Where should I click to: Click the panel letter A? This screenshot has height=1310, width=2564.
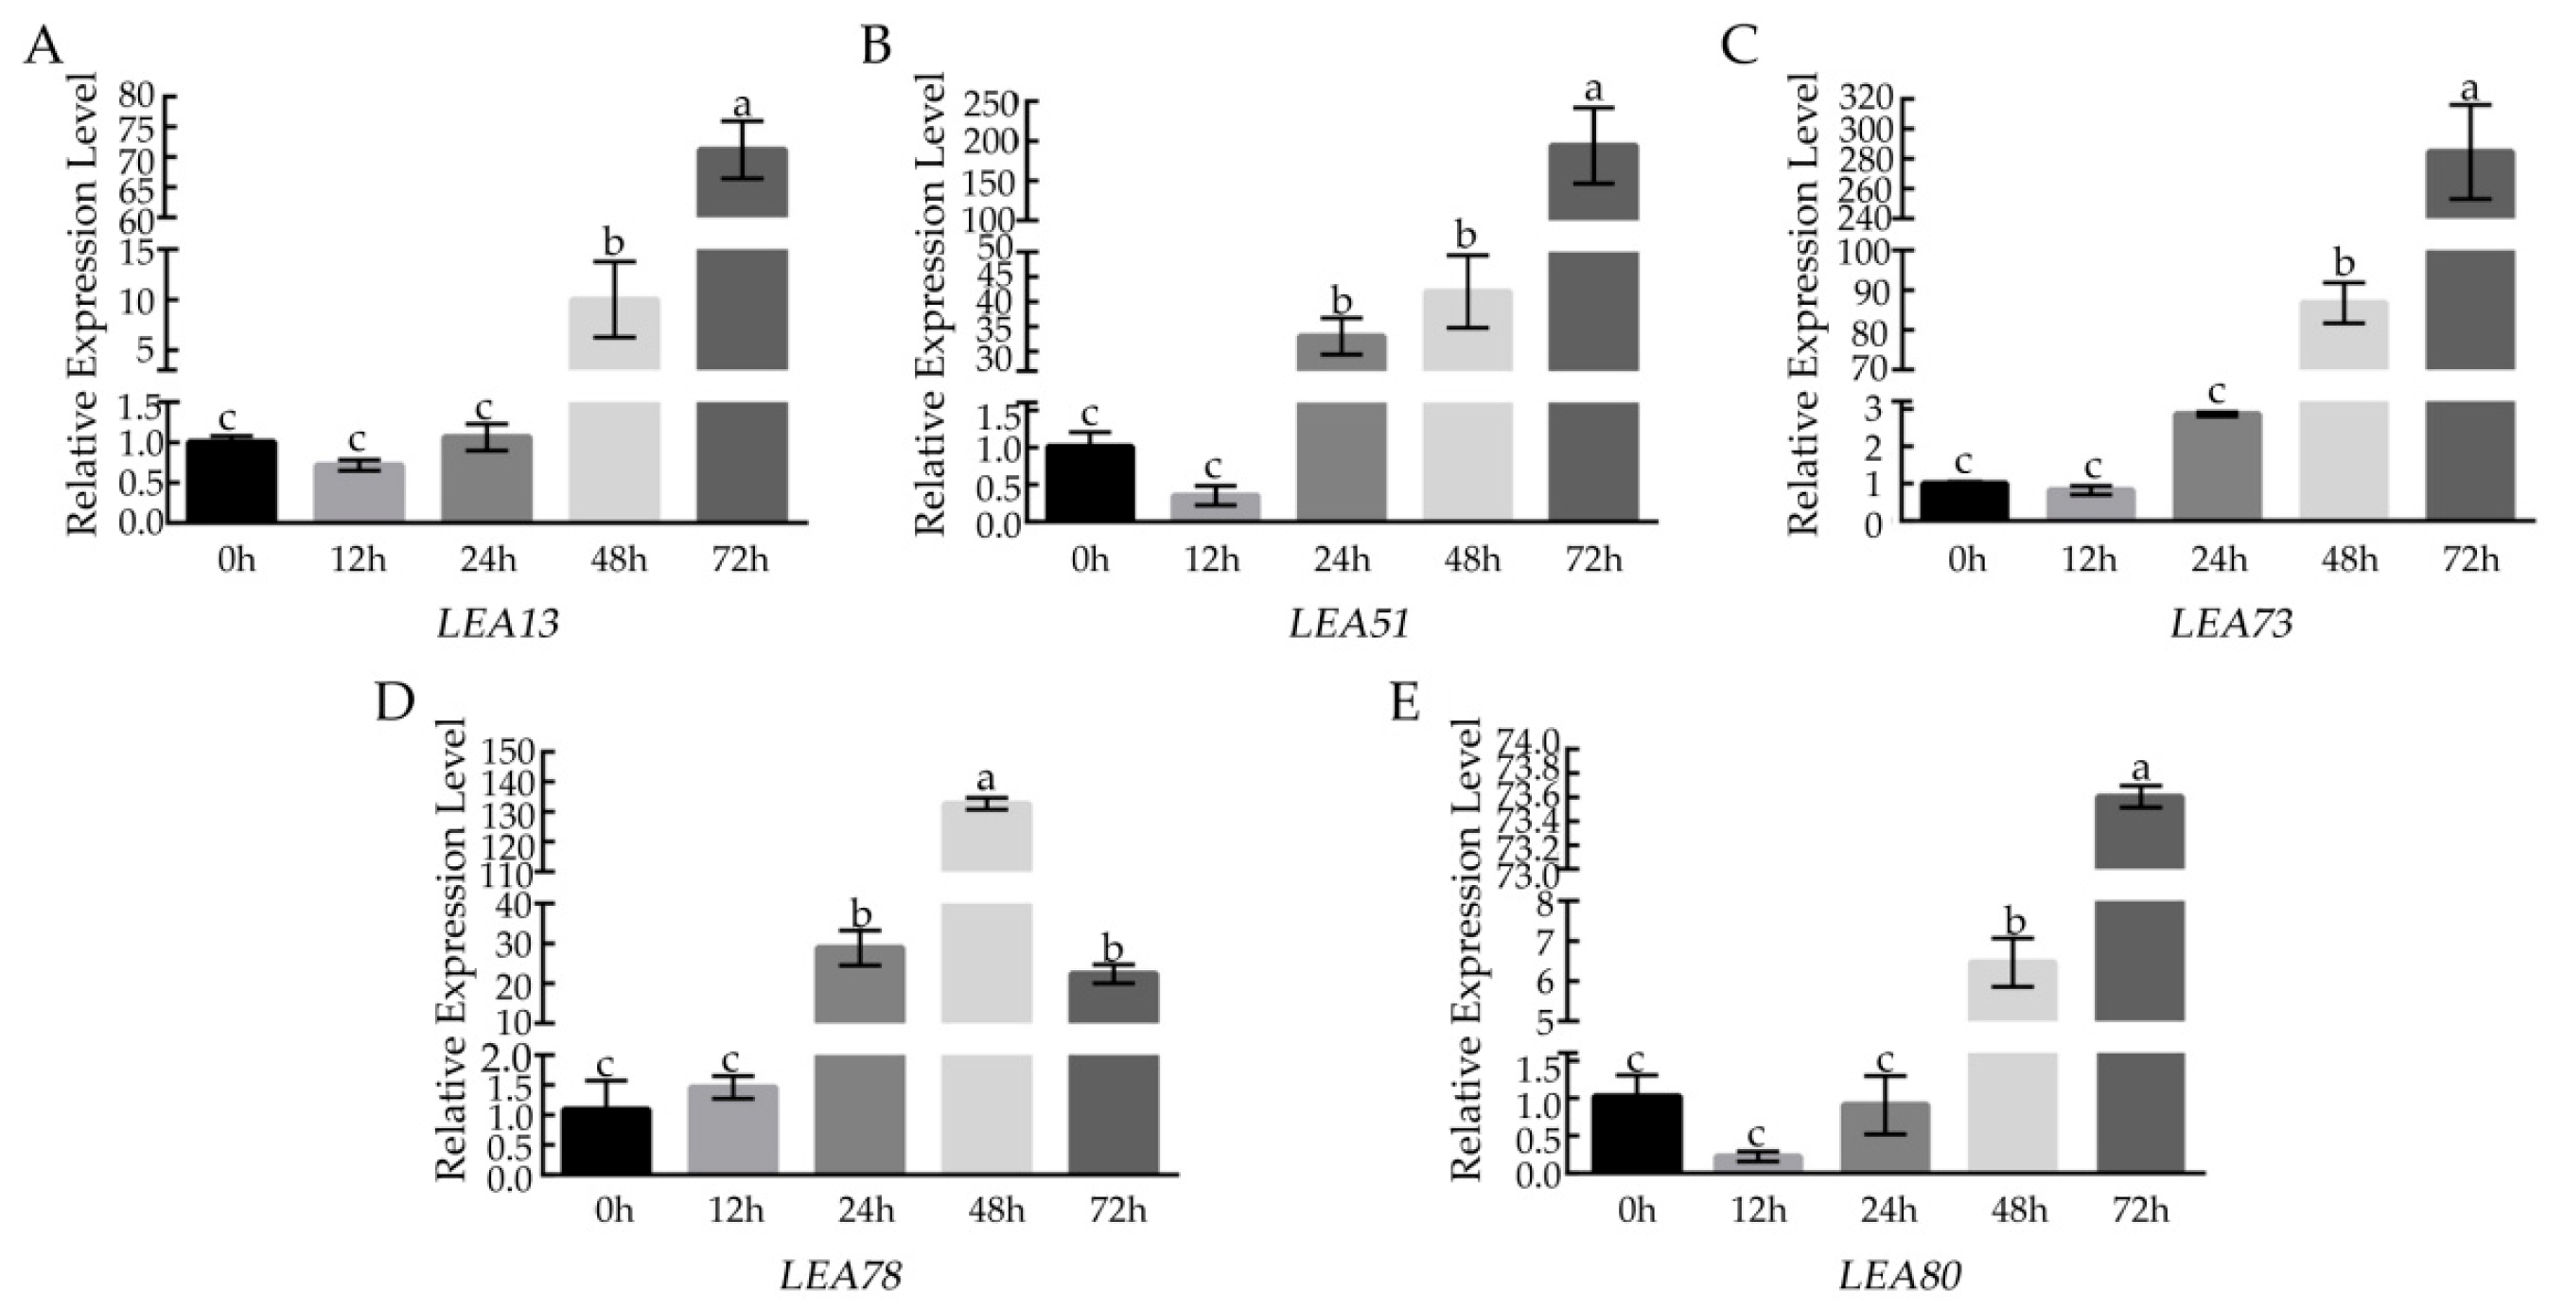43,46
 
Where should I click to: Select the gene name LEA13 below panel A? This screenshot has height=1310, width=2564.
498,624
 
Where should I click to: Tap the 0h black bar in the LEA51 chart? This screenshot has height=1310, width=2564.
1090,484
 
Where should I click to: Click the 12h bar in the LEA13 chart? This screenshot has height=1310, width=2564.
359,492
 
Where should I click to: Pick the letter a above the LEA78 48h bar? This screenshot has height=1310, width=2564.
987,777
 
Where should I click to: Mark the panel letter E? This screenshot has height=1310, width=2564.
1404,704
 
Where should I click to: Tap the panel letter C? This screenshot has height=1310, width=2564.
1739,46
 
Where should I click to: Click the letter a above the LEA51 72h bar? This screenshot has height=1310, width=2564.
1593,90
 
